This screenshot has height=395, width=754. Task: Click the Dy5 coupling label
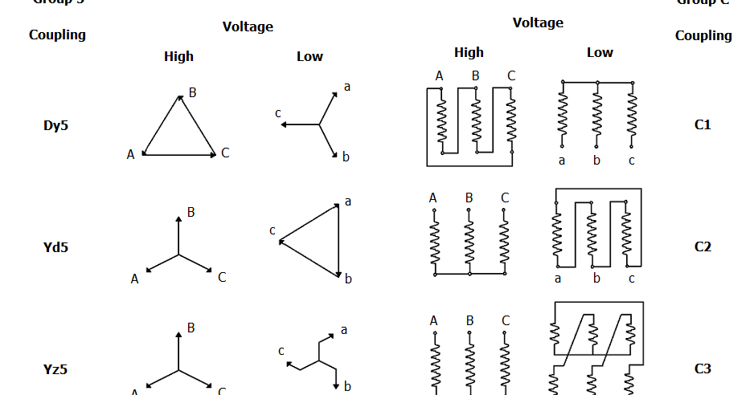pos(55,125)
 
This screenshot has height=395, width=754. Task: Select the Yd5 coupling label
pos(55,247)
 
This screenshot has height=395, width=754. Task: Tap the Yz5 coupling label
pos(55,369)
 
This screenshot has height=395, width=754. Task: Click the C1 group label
pos(703,125)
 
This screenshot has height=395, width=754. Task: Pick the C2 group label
pos(703,247)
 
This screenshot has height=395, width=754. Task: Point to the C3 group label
pos(703,369)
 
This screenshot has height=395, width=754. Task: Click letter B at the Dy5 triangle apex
pos(193,92)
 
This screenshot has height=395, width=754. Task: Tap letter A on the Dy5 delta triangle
pos(130,154)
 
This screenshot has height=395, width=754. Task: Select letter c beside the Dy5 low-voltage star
pos(278,113)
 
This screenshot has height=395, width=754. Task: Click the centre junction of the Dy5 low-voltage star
pos(320,124)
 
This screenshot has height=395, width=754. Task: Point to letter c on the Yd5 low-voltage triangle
pos(273,230)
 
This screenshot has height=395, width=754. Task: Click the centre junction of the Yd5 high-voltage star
pos(178,255)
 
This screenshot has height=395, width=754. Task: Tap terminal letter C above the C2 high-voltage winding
pos(505,197)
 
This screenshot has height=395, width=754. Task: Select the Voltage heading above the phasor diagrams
pos(248,26)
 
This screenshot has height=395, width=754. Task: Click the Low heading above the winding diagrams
pos(600,52)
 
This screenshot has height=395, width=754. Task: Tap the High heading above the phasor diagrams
pos(178,56)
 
